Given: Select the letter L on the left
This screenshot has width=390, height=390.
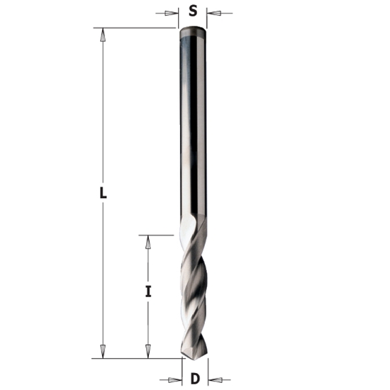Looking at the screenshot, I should point(102,192).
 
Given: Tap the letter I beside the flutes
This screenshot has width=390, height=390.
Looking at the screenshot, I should point(147,291).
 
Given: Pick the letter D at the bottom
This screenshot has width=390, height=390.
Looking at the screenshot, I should point(194,379).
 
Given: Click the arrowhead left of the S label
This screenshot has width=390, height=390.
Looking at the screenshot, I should point(171,13).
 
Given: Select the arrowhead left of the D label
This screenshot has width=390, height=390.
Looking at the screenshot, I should point(174,379).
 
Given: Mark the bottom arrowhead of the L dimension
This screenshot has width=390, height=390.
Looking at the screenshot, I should point(103,352).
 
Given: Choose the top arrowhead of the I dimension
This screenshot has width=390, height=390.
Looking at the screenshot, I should point(147,242).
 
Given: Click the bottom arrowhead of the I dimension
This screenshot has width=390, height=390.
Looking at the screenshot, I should point(147,352).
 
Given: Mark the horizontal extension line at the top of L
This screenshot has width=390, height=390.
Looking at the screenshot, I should point(135,28).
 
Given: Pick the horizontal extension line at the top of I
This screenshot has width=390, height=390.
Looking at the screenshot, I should point(156,235).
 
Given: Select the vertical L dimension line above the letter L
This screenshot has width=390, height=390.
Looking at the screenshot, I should point(103,106).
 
